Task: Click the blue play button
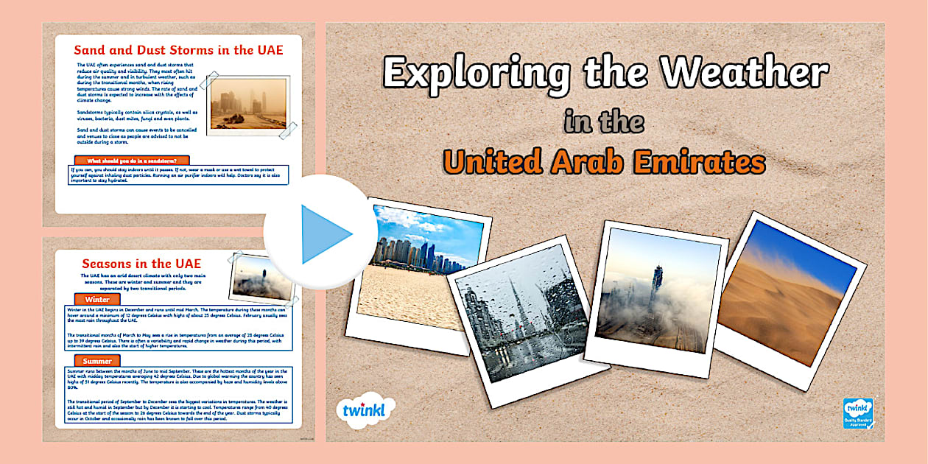coord(320,233)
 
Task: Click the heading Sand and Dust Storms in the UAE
coord(178,50)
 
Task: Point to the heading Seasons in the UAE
coord(141,263)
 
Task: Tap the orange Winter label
coord(97,300)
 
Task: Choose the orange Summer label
coord(97,361)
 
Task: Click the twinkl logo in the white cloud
coord(365,410)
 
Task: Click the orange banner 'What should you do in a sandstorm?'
coord(132,160)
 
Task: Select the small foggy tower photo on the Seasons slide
coord(263,278)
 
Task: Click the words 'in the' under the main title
coord(604,122)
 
